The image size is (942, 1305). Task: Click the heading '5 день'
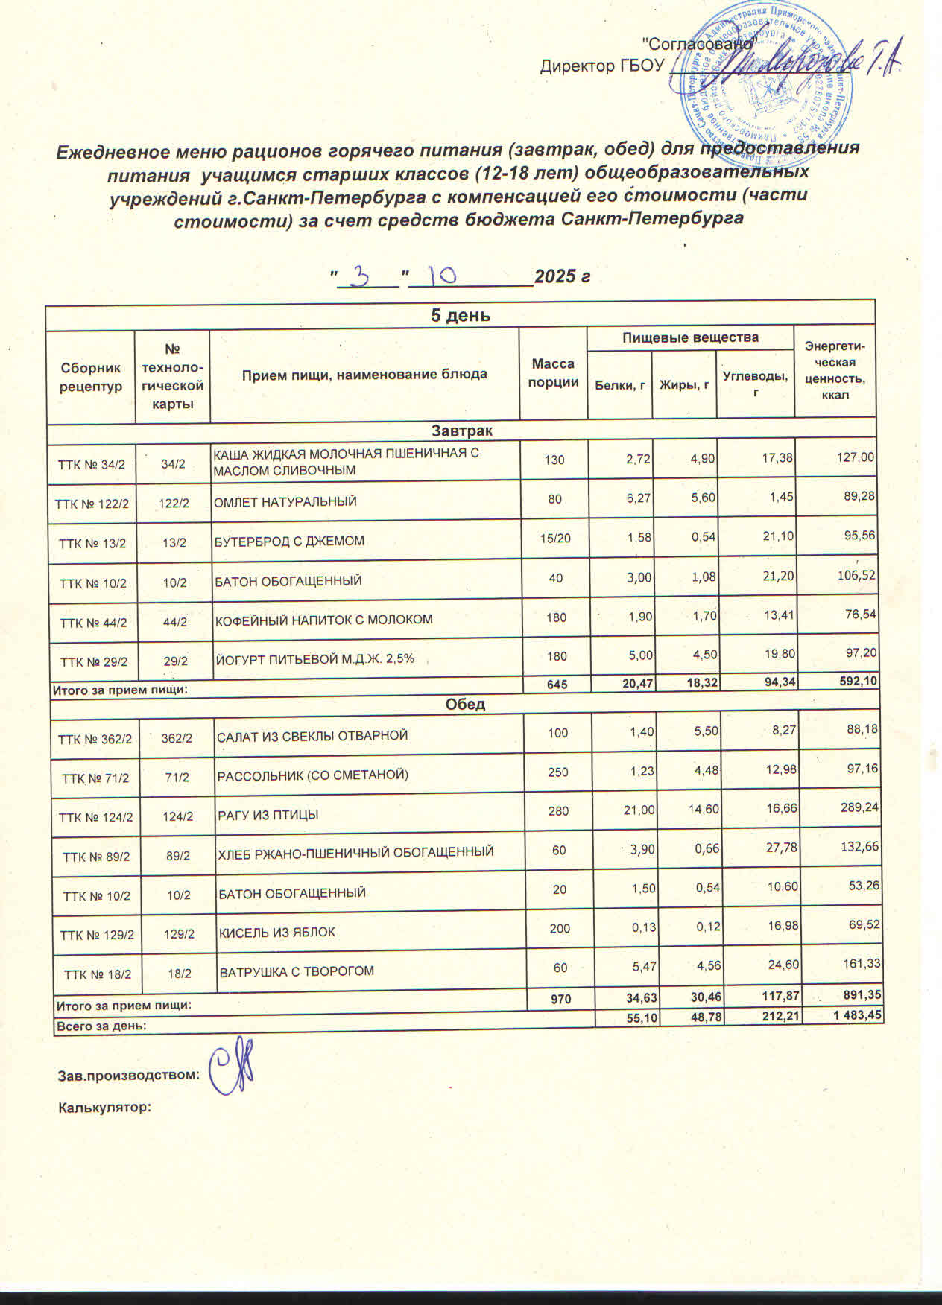[461, 315]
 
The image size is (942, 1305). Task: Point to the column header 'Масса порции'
[553, 373]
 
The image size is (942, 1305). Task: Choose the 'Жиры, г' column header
[683, 384]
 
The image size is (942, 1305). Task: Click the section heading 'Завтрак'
[461, 431]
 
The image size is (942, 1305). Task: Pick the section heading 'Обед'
[465, 704]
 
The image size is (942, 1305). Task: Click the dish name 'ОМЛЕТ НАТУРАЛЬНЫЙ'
[285, 501]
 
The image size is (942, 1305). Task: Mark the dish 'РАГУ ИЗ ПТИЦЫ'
[268, 815]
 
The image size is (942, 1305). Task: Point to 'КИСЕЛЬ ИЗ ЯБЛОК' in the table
[276, 932]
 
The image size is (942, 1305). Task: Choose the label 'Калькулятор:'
[105, 1108]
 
